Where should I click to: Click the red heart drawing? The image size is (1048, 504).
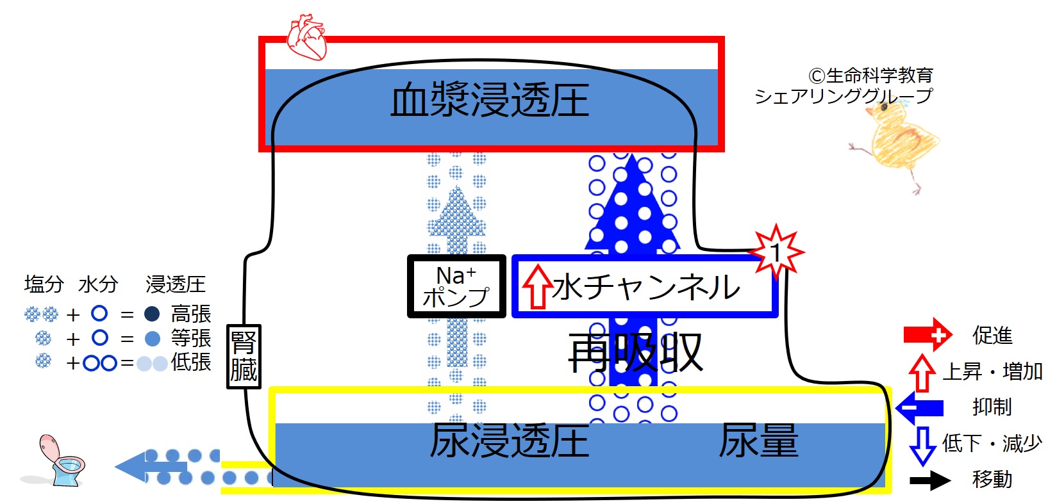point(306,37)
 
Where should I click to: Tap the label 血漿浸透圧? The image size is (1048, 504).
point(490,100)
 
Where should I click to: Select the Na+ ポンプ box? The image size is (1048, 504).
point(456,286)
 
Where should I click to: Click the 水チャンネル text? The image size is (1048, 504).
point(646,287)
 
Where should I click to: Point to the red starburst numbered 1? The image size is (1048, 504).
point(776,252)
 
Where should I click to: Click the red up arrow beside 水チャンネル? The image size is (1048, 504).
point(537,287)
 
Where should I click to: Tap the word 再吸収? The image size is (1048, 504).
point(635,352)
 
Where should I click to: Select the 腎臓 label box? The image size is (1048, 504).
point(244,356)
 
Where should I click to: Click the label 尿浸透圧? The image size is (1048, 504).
point(510,441)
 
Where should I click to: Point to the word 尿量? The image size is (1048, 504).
point(758,441)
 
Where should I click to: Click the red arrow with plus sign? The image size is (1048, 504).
point(927,335)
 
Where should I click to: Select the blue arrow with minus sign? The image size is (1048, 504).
point(919,408)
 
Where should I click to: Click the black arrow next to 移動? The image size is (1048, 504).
point(930,480)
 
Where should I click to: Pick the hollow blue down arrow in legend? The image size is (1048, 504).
point(922,446)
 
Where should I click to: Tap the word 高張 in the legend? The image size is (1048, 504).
point(191,314)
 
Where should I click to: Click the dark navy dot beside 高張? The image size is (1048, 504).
point(152,314)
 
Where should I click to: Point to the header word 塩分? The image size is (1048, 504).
point(44,284)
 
